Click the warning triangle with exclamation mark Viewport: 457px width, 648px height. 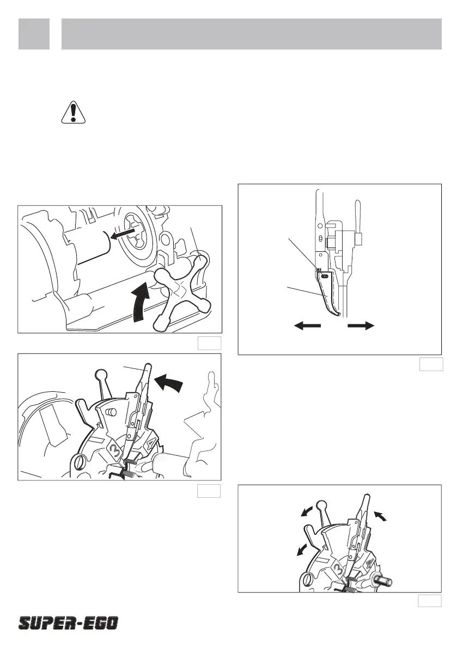tap(73, 112)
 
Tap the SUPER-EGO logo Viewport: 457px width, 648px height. tap(68, 623)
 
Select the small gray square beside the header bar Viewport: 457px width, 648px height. tap(34, 34)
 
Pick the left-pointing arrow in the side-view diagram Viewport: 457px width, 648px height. tap(307, 326)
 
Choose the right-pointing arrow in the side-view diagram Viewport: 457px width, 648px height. tap(361, 326)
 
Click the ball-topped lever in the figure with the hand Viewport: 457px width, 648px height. tap(102, 384)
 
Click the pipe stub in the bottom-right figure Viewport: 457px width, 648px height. tap(382, 580)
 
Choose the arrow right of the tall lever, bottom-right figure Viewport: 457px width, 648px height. tap(381, 515)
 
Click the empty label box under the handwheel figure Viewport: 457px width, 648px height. tap(209, 343)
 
